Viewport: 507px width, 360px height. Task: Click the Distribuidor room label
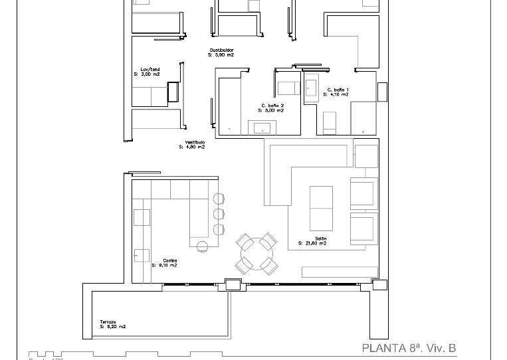(222, 50)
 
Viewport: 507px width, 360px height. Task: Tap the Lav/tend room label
(150, 69)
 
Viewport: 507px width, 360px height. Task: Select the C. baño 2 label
(272, 106)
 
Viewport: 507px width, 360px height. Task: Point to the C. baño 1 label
(338, 90)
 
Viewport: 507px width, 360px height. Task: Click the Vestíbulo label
(195, 142)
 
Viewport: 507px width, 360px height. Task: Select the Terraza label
(108, 321)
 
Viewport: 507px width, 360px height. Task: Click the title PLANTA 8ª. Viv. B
(409, 348)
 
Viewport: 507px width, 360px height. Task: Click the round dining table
(256, 254)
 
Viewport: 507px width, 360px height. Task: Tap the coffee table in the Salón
(321, 208)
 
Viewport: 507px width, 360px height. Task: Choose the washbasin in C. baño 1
(311, 86)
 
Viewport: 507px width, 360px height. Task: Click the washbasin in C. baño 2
(262, 128)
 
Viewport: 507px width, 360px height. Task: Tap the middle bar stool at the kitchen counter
(219, 214)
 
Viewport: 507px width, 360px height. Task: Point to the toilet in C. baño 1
(329, 122)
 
